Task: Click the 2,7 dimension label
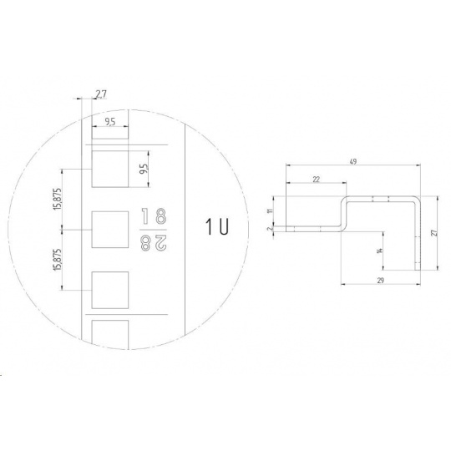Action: tap(101, 94)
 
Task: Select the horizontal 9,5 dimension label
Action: tap(110, 122)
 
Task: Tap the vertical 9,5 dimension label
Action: tap(144, 169)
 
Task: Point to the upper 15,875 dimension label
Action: tap(58, 199)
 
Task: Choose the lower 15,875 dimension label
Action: tap(58, 260)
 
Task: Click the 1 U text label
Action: tap(217, 226)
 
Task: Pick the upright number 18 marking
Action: tap(155, 216)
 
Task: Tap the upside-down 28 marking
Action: tap(154, 243)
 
